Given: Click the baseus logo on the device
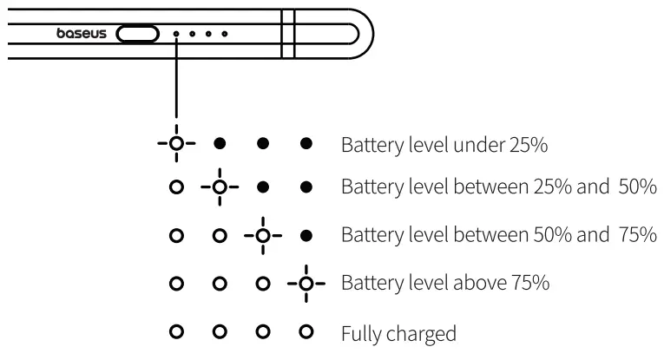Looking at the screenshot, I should [82, 34].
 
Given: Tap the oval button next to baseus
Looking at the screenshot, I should [138, 34].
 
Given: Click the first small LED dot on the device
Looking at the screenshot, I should [176, 34].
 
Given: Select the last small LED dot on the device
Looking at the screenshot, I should [225, 34].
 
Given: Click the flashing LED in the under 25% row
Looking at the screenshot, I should [176, 142].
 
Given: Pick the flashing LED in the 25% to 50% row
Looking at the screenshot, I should [220, 187].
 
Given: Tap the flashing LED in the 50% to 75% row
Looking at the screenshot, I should [262, 235].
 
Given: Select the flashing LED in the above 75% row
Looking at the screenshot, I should [306, 283].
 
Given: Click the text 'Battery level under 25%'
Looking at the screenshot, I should [444, 144].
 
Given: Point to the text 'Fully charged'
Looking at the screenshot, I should [398, 332].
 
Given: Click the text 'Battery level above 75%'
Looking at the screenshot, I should [445, 284].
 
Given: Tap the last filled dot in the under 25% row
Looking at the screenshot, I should [306, 142].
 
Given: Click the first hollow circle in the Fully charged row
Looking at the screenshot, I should [176, 331].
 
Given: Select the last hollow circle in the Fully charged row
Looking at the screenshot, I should [306, 331].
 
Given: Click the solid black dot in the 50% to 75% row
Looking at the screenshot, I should [306, 235].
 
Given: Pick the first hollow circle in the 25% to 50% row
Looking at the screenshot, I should [176, 187].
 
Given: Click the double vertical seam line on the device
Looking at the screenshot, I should [289, 34].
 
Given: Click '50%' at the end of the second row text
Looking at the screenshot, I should [638, 187].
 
